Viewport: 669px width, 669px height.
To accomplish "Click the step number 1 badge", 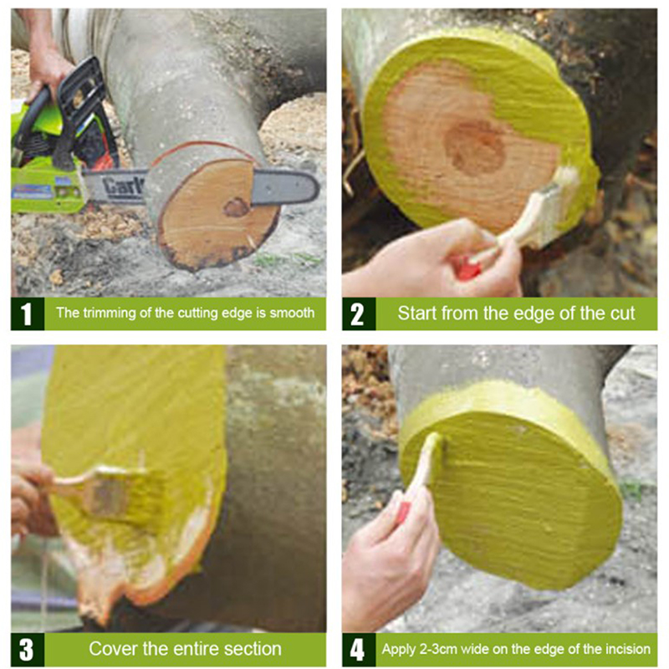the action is point(28,314).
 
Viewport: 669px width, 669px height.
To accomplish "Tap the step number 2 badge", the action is point(359,314).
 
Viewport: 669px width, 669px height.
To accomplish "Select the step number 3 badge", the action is point(28,650).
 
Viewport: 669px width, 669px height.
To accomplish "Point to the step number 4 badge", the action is point(359,650).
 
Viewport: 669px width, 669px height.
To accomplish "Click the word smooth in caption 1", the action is point(292,313).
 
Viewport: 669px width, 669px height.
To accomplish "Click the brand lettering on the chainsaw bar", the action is point(124,186).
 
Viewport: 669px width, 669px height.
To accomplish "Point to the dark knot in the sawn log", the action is point(236,207).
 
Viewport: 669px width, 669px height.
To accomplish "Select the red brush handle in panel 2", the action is point(467,267).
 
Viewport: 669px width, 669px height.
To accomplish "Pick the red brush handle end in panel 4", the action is point(402,513).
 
